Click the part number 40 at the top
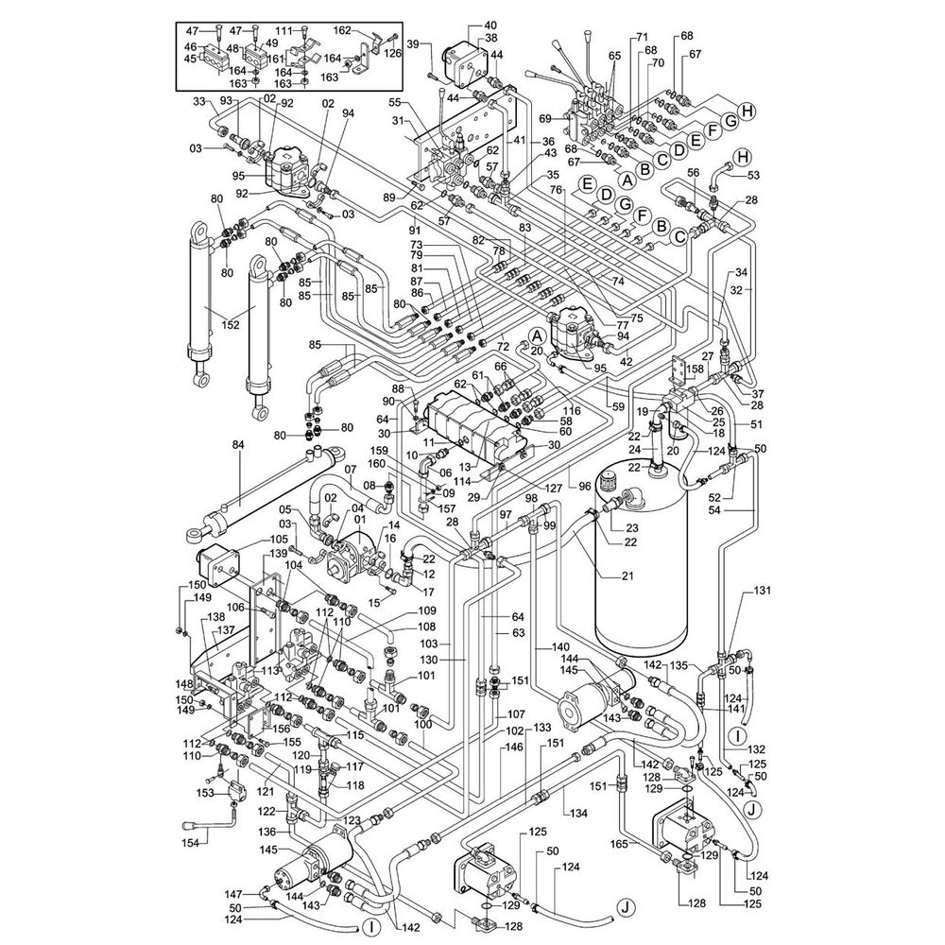(x=490, y=26)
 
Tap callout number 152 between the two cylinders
(x=231, y=325)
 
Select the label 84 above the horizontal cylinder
(x=239, y=445)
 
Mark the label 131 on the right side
(x=763, y=591)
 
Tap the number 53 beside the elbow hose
(x=753, y=176)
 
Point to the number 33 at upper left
(x=199, y=101)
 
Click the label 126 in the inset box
(x=392, y=52)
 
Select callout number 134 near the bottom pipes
(x=578, y=814)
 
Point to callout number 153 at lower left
(x=205, y=793)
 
